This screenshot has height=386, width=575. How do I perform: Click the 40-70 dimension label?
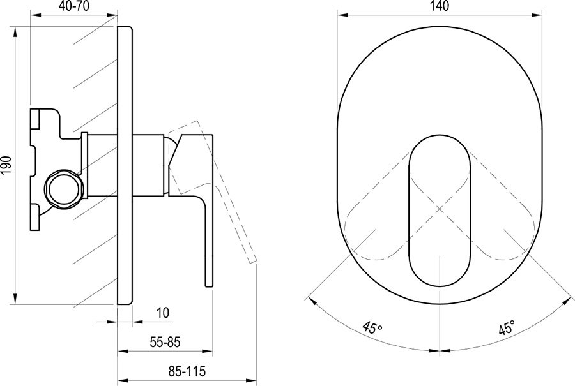(x=74, y=6)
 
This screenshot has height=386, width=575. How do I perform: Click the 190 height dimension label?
(x=8, y=165)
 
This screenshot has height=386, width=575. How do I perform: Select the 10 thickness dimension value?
(x=163, y=313)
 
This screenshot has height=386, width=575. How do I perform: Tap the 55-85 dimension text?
(x=165, y=342)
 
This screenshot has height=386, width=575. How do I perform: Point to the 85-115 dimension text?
(x=187, y=371)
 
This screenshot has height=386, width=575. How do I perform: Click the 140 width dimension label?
(x=440, y=6)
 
